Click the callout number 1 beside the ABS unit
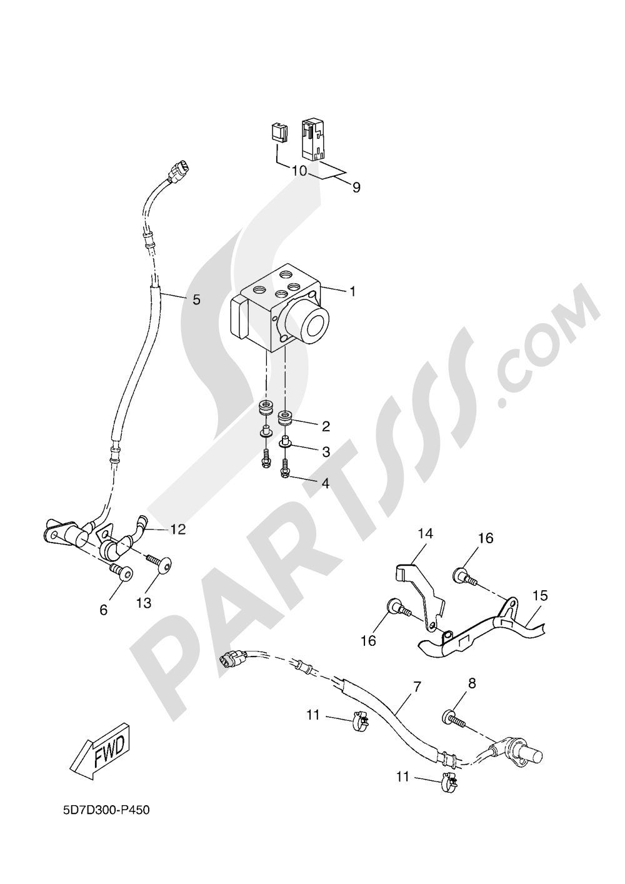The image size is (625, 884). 352,291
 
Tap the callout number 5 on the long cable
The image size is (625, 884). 196,299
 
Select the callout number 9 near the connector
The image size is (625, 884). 356,187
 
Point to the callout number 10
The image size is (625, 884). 299,171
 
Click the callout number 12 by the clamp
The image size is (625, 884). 178,530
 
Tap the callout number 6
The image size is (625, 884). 104,610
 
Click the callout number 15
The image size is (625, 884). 540,595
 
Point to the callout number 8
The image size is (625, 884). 471,683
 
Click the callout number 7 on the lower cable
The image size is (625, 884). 417,687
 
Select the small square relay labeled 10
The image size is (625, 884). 277,133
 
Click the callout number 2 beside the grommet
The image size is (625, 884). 326,426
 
